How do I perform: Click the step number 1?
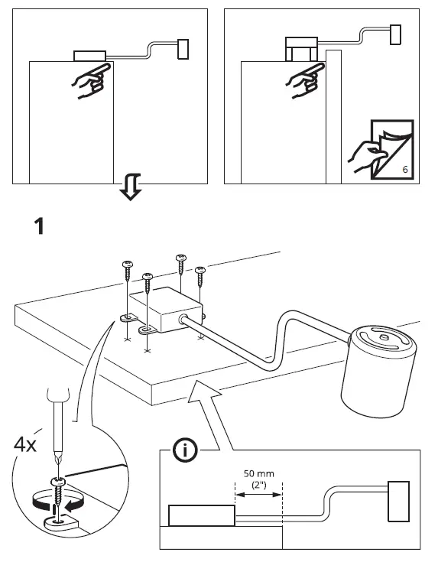(x=41, y=226)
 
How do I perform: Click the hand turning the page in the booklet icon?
(x=365, y=157)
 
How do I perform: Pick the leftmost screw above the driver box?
(x=126, y=275)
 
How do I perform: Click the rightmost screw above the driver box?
(x=200, y=279)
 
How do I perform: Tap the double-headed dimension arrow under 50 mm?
(x=258, y=495)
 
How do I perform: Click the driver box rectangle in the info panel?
(x=202, y=515)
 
